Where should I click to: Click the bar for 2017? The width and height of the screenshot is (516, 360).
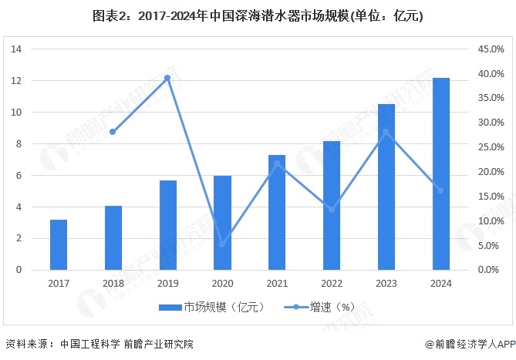pyautogui.click(x=59, y=244)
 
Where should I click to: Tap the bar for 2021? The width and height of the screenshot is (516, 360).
pyautogui.click(x=277, y=212)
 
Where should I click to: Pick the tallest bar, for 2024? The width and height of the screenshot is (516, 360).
pyautogui.click(x=440, y=173)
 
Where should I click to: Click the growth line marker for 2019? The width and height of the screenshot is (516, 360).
pyautogui.click(x=167, y=78)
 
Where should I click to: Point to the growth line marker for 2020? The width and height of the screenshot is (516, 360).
pyautogui.click(x=222, y=245)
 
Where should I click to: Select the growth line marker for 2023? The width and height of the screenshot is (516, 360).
pyautogui.click(x=386, y=132)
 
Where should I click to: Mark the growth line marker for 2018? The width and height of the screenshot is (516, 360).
pyautogui.click(x=113, y=132)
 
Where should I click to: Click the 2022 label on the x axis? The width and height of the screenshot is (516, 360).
pyautogui.click(x=331, y=283)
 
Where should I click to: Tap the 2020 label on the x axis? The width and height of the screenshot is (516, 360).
pyautogui.click(x=222, y=283)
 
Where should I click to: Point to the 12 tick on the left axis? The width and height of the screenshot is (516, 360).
pyautogui.click(x=15, y=81)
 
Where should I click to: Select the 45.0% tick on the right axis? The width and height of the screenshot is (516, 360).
pyautogui.click(x=491, y=49)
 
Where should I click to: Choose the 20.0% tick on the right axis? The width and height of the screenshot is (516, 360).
pyautogui.click(x=491, y=172)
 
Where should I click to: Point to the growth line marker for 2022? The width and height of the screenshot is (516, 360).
pyautogui.click(x=331, y=210)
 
